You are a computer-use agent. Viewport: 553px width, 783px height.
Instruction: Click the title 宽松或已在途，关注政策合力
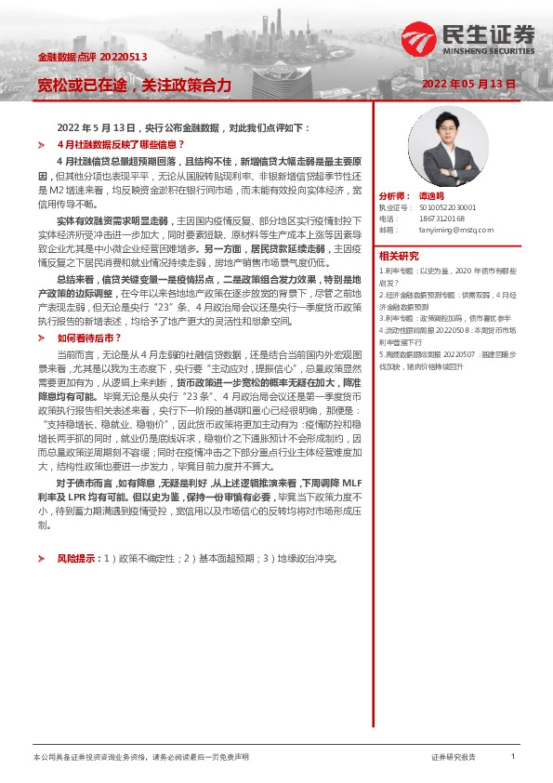tap(134, 85)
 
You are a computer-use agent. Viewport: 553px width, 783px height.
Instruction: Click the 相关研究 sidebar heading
tap(399, 257)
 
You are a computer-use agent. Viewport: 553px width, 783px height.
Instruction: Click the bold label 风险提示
tap(78, 559)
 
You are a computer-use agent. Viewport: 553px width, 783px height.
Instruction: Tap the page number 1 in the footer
tap(513, 758)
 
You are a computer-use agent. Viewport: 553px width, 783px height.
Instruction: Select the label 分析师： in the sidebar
tap(394, 197)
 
